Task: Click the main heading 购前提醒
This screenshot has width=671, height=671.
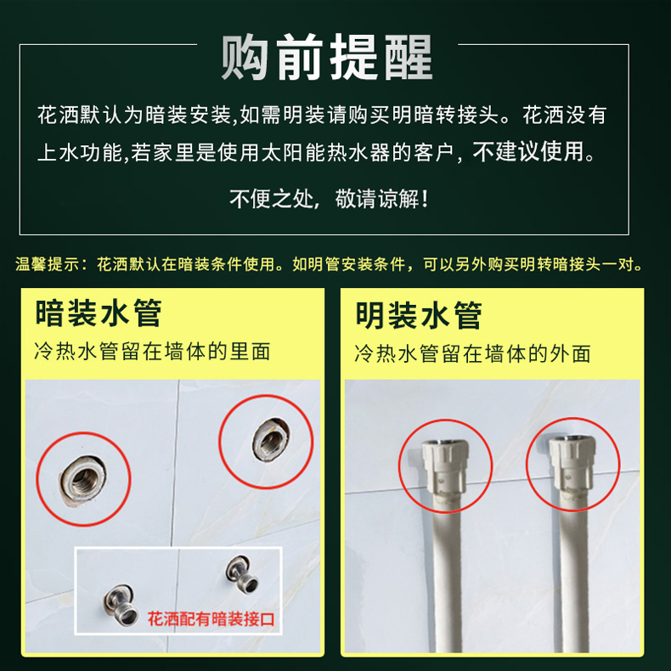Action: (327, 57)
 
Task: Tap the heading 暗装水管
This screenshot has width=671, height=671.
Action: (99, 313)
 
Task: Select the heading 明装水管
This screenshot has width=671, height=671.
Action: (419, 315)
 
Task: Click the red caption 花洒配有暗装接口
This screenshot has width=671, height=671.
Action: (211, 619)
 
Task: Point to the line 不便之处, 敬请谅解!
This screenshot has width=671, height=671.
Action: (329, 199)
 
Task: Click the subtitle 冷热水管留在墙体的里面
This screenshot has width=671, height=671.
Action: (152, 352)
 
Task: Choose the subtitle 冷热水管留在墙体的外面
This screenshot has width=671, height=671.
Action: (472, 353)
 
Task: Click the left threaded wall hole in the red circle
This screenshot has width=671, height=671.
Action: (83, 479)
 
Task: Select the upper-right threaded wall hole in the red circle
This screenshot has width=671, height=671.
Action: (270, 441)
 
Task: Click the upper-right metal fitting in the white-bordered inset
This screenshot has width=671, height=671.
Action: (242, 574)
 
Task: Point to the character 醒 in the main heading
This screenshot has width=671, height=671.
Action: (408, 57)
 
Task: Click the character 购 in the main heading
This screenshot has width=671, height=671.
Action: (245, 57)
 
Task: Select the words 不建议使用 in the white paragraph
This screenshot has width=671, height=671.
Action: (527, 151)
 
